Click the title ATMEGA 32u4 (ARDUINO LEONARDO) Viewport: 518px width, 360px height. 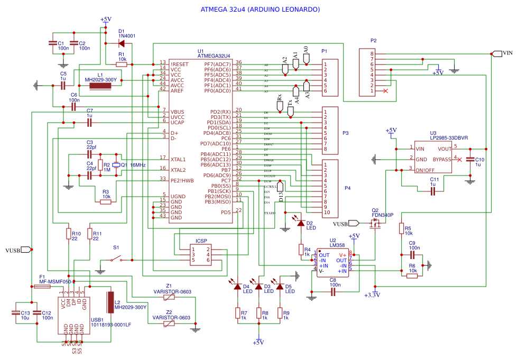click(x=260, y=10)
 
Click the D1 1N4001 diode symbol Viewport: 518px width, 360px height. click(x=122, y=43)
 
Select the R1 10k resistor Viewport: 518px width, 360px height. click(x=121, y=64)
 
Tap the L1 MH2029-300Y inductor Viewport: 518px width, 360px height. click(x=104, y=85)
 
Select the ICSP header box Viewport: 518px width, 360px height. click(x=201, y=254)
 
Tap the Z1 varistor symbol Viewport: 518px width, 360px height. click(x=169, y=297)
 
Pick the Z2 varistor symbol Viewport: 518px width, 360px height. click(x=169, y=324)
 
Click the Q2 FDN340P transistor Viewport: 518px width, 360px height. click(x=377, y=225)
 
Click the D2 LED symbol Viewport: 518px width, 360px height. click(x=301, y=224)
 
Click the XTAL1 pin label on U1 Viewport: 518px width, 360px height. click(x=178, y=159)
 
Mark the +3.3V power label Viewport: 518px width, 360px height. click(x=375, y=294)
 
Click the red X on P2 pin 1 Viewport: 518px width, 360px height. click(x=385, y=91)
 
